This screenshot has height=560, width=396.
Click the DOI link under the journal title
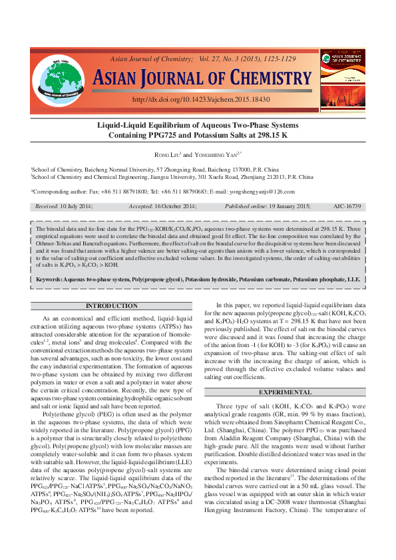[201, 99]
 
